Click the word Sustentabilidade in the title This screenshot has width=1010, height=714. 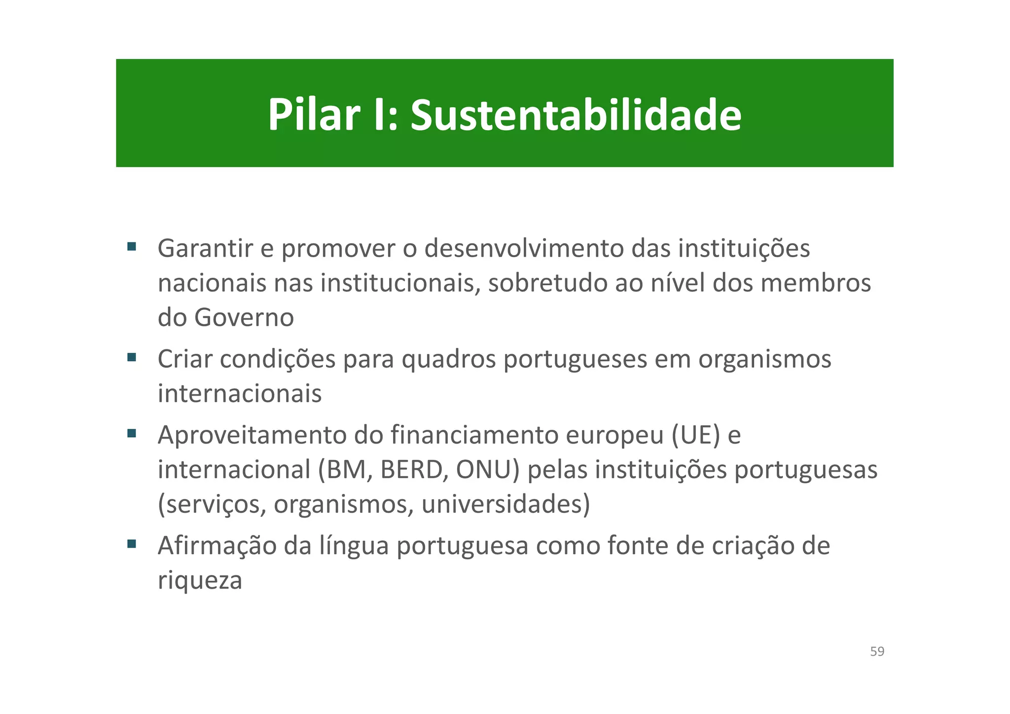click(576, 115)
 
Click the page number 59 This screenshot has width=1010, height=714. click(877, 651)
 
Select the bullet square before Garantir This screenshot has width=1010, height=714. click(131, 246)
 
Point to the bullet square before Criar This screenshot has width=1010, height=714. click(131, 357)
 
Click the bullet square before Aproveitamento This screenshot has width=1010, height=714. click(131, 433)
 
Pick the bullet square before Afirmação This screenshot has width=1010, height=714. click(131, 544)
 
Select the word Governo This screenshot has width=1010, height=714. click(244, 317)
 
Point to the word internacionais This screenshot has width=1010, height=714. click(240, 394)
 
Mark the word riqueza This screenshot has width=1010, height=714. click(200, 581)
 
